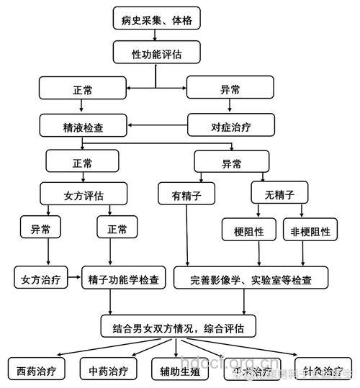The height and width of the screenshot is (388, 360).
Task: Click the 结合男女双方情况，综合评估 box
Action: pos(178,328)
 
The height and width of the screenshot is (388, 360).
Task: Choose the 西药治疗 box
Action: pos(36,371)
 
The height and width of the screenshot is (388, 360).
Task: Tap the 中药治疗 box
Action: pos(108,371)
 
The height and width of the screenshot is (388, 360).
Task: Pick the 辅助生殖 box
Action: pos(180,371)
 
